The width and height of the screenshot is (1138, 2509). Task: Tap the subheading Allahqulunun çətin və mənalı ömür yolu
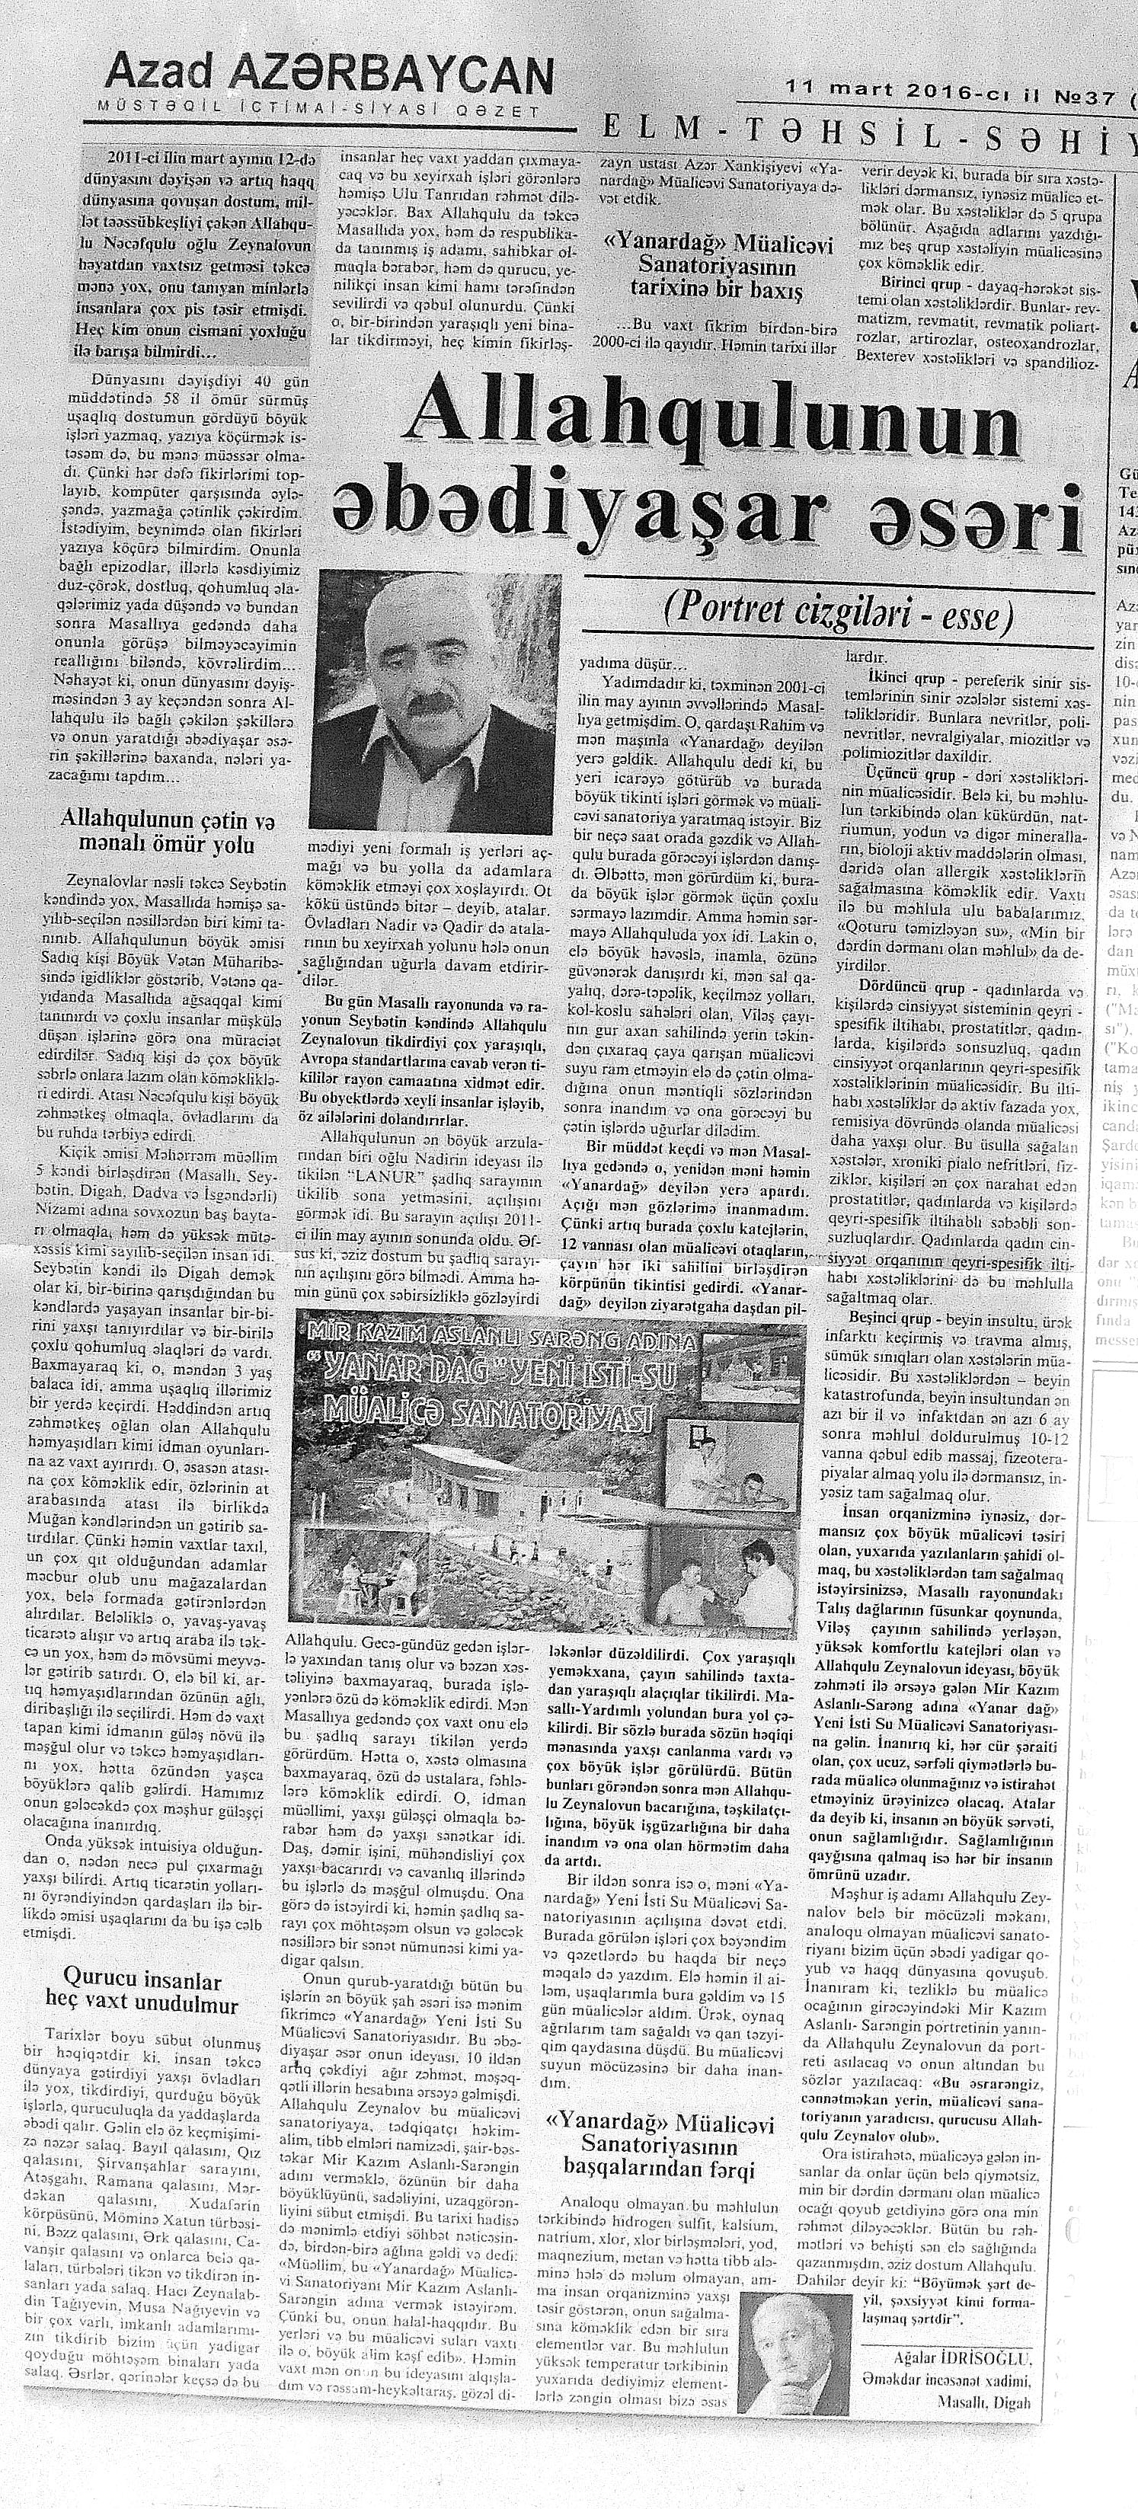tap(158, 829)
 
